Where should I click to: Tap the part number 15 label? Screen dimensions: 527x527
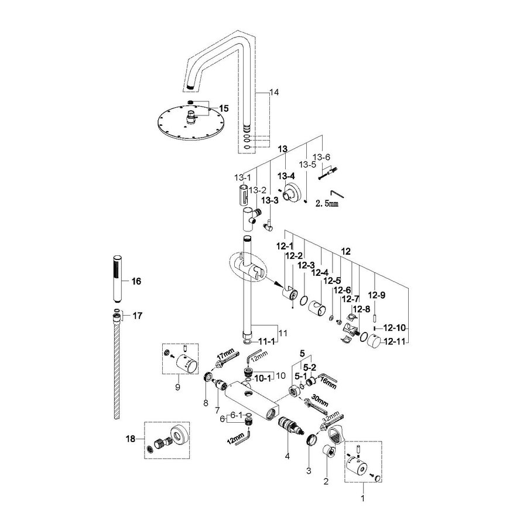coord(207,108)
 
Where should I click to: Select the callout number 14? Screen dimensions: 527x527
coord(275,93)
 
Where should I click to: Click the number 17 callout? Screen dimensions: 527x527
coord(138,316)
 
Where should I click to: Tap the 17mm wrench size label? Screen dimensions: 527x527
coord(225,354)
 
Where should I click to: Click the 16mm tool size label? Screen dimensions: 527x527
coord(328,385)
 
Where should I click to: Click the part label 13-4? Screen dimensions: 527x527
coord(286,176)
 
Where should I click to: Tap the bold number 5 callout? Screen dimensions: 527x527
coord(302,354)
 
